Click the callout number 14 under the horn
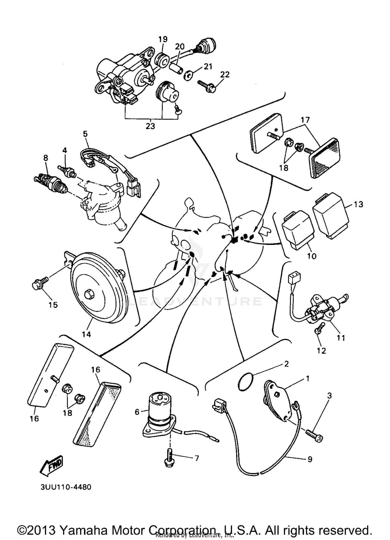(86, 334)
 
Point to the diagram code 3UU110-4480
(66, 487)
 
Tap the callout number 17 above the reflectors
(305, 120)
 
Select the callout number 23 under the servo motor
(150, 126)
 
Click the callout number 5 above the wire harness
(85, 134)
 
